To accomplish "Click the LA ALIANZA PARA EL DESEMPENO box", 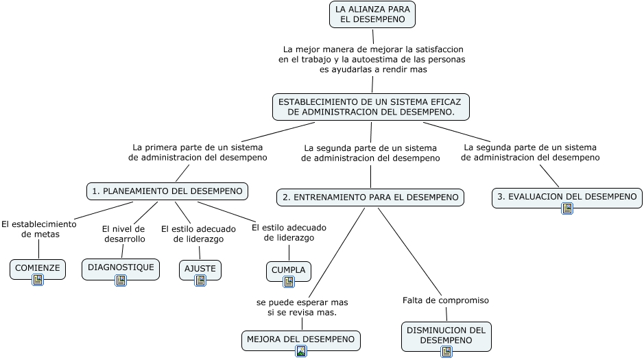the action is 372,14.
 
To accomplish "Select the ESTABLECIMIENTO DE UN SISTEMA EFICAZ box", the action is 371,107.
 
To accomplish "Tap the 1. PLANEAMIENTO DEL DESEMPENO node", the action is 167,191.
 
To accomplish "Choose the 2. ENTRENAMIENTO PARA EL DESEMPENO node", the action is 370,197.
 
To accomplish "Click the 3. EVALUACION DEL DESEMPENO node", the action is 567,197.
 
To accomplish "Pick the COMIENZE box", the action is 37,268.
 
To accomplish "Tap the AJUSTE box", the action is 200,269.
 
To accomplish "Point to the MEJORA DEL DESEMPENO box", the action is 300,339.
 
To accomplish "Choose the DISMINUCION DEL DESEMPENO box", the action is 446,335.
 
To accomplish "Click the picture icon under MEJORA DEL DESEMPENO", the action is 301,351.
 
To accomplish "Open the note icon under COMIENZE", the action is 38,280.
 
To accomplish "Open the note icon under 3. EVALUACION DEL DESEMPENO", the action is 567,208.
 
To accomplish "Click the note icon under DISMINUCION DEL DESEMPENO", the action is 446,352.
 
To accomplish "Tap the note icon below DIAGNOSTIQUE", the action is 121,280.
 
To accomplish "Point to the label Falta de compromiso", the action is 446,300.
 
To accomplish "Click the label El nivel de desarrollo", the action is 124,234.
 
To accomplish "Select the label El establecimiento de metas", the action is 39,229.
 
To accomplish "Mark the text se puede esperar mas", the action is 302,302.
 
